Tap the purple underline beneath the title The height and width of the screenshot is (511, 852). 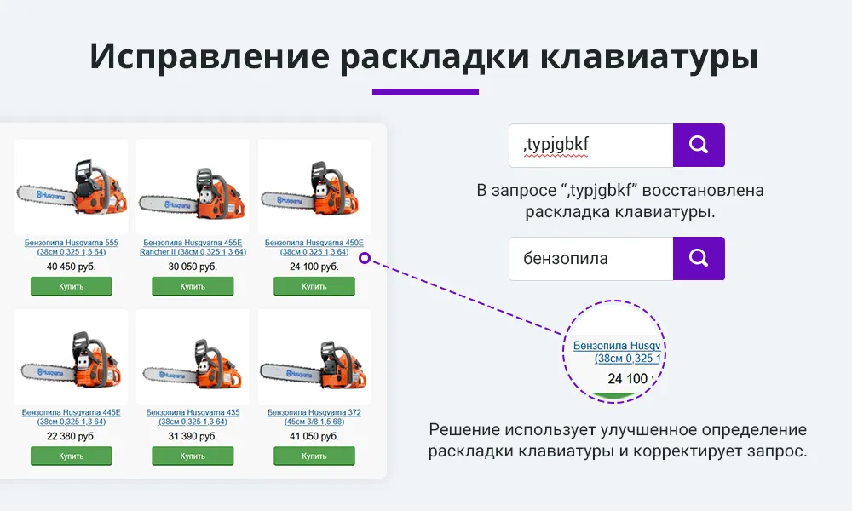(x=425, y=92)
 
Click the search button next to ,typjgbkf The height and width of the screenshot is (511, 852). (x=699, y=145)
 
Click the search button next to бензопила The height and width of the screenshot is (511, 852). (x=699, y=258)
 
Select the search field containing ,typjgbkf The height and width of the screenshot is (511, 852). (x=590, y=146)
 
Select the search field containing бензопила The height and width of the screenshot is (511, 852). (x=590, y=258)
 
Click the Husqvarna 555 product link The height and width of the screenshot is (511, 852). (x=72, y=247)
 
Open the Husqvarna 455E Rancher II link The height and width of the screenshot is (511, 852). (x=193, y=247)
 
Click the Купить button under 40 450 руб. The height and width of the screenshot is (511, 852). (x=72, y=286)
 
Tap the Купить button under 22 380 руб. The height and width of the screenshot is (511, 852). (x=72, y=456)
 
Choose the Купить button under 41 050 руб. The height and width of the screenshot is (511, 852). (x=314, y=456)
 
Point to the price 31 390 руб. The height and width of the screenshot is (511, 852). (x=193, y=436)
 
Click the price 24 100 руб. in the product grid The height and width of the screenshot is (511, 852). (x=314, y=267)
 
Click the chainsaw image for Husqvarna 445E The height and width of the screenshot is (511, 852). (x=72, y=356)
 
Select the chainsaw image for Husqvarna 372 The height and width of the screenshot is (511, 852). (x=314, y=356)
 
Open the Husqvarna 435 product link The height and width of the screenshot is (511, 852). (x=193, y=417)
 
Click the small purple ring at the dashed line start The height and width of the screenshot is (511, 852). (x=364, y=257)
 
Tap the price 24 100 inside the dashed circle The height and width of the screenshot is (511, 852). (x=628, y=378)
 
